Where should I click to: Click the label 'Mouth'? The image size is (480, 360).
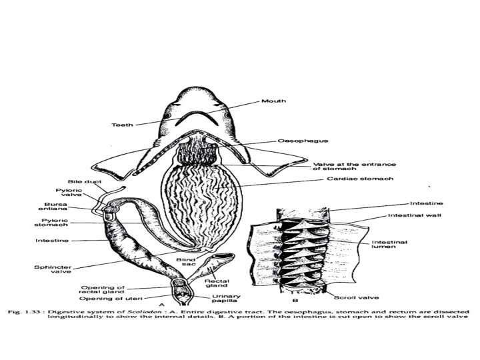[274, 101]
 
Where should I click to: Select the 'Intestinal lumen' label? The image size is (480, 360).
[388, 244]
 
